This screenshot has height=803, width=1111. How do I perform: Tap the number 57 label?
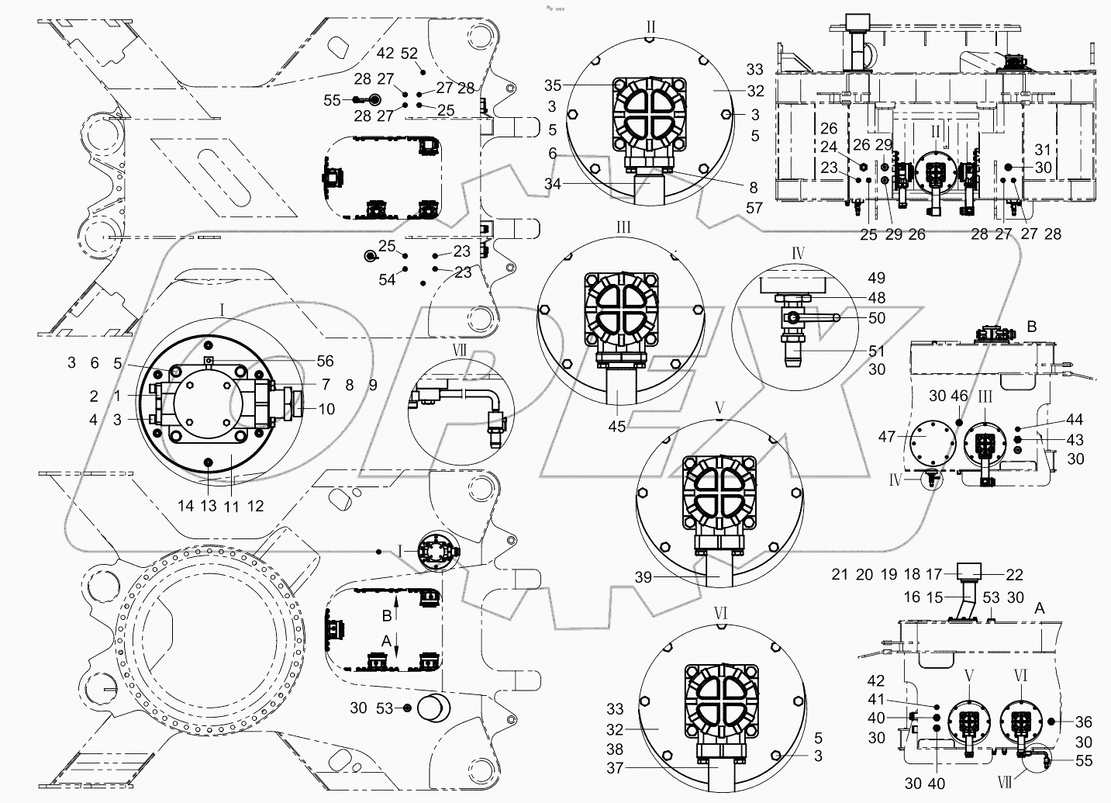tap(754, 208)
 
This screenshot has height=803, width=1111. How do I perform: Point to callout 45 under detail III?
tap(617, 425)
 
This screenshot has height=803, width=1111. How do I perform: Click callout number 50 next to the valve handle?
tap(877, 318)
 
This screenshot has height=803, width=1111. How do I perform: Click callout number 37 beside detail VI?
tap(615, 769)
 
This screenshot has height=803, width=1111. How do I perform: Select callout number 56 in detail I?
tap(326, 361)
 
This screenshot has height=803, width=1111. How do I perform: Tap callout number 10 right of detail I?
tap(326, 408)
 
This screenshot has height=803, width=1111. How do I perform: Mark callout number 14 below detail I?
tap(185, 506)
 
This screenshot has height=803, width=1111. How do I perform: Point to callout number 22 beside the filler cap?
tap(1014, 575)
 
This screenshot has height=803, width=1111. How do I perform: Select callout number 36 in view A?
tap(1083, 721)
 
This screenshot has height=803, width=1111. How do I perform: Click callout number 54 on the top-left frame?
tap(387, 279)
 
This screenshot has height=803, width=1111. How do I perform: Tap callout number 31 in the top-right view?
tap(1043, 150)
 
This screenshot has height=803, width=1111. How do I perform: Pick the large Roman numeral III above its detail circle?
tap(623, 227)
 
